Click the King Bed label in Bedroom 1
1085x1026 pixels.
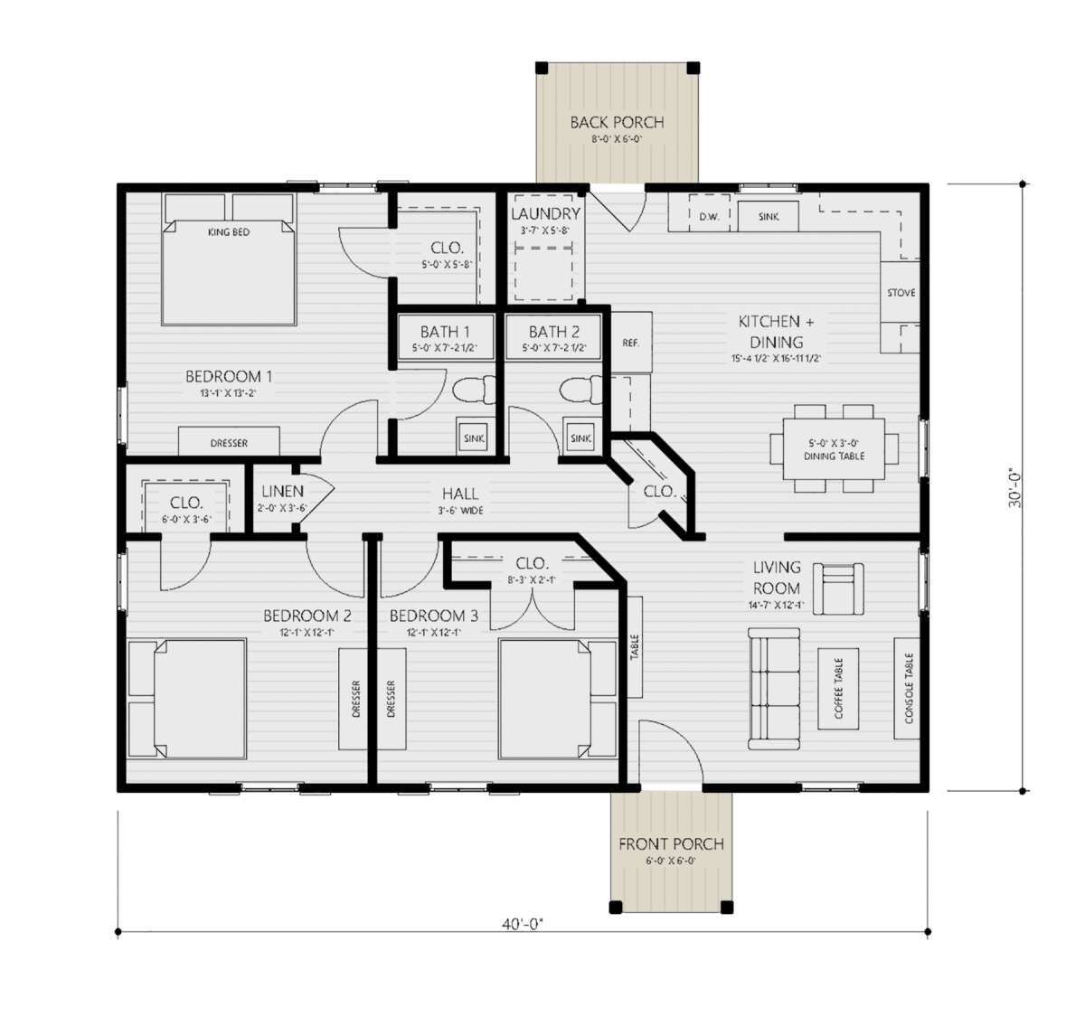(228, 232)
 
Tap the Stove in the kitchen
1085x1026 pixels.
(901, 293)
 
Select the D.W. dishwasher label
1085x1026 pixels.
(709, 217)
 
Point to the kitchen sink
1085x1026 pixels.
(769, 217)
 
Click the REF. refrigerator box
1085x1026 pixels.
(631, 343)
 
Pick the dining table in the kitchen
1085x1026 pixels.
(834, 449)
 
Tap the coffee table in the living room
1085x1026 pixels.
(838, 688)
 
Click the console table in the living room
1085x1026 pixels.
(909, 688)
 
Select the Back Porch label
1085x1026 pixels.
(617, 123)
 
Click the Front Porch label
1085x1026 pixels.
(671, 844)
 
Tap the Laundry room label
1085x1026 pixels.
(545, 214)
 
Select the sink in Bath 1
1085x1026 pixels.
(474, 438)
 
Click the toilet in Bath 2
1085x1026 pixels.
(578, 391)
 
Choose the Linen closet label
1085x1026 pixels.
(282, 492)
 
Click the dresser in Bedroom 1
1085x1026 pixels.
(229, 442)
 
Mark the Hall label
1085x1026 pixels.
(460, 494)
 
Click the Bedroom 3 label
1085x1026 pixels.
(433, 617)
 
